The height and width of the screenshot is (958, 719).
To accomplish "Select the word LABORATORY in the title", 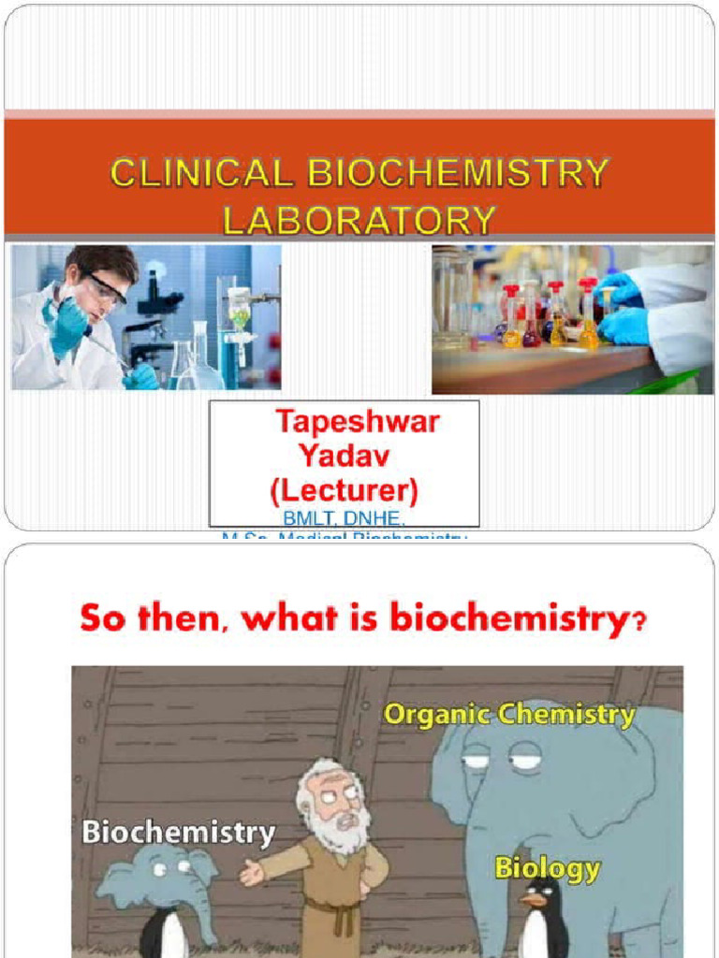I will [359, 221].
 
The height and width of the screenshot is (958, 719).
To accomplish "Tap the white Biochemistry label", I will [178, 833].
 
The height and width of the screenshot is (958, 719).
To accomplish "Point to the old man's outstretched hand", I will [251, 874].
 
